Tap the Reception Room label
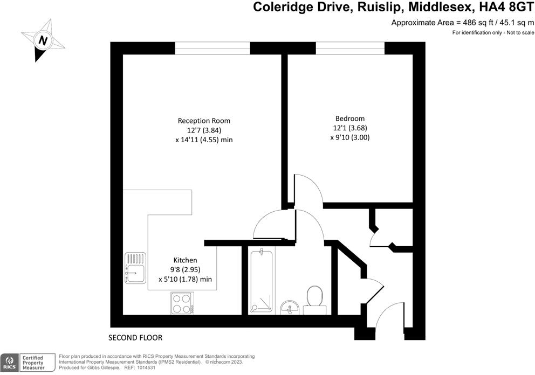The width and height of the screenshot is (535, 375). coord(200,121)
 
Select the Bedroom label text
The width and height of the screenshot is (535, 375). coord(350,119)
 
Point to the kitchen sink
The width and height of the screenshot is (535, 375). coord(135,268)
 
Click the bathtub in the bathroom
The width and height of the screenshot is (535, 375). coord(261,281)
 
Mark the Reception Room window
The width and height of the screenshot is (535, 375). coord(212,48)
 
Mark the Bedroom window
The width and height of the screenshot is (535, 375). coord(350,48)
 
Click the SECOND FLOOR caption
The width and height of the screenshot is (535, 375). coord(135,338)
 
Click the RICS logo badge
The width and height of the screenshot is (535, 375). coord(9,362)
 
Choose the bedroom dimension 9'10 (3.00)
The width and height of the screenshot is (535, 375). coord(350,137)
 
